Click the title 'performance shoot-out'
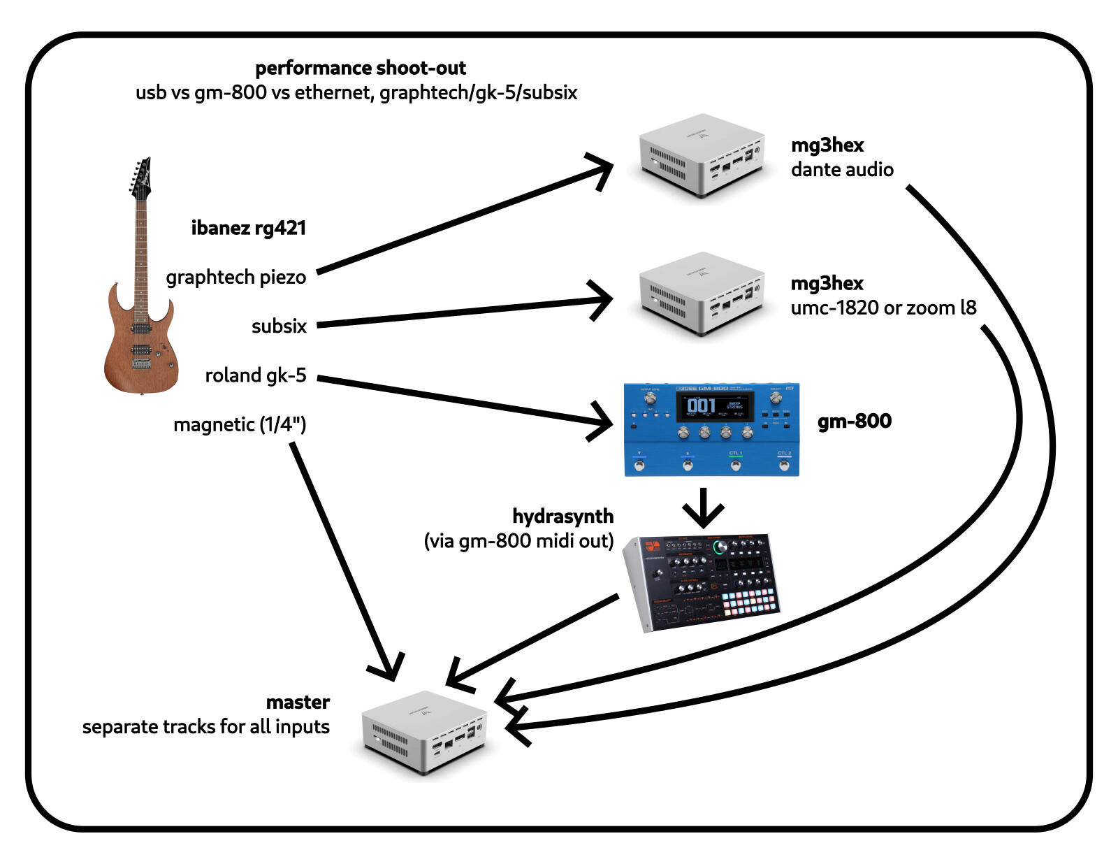360,68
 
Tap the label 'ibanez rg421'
249,228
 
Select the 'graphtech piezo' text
235,278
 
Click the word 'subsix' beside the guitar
279,326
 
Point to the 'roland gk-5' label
255,375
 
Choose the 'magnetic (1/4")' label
240,424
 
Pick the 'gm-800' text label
854,421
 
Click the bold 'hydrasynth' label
562,516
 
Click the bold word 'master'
298,702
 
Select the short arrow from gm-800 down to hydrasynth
703,508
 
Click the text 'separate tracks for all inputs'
205,727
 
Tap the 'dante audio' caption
842,170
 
